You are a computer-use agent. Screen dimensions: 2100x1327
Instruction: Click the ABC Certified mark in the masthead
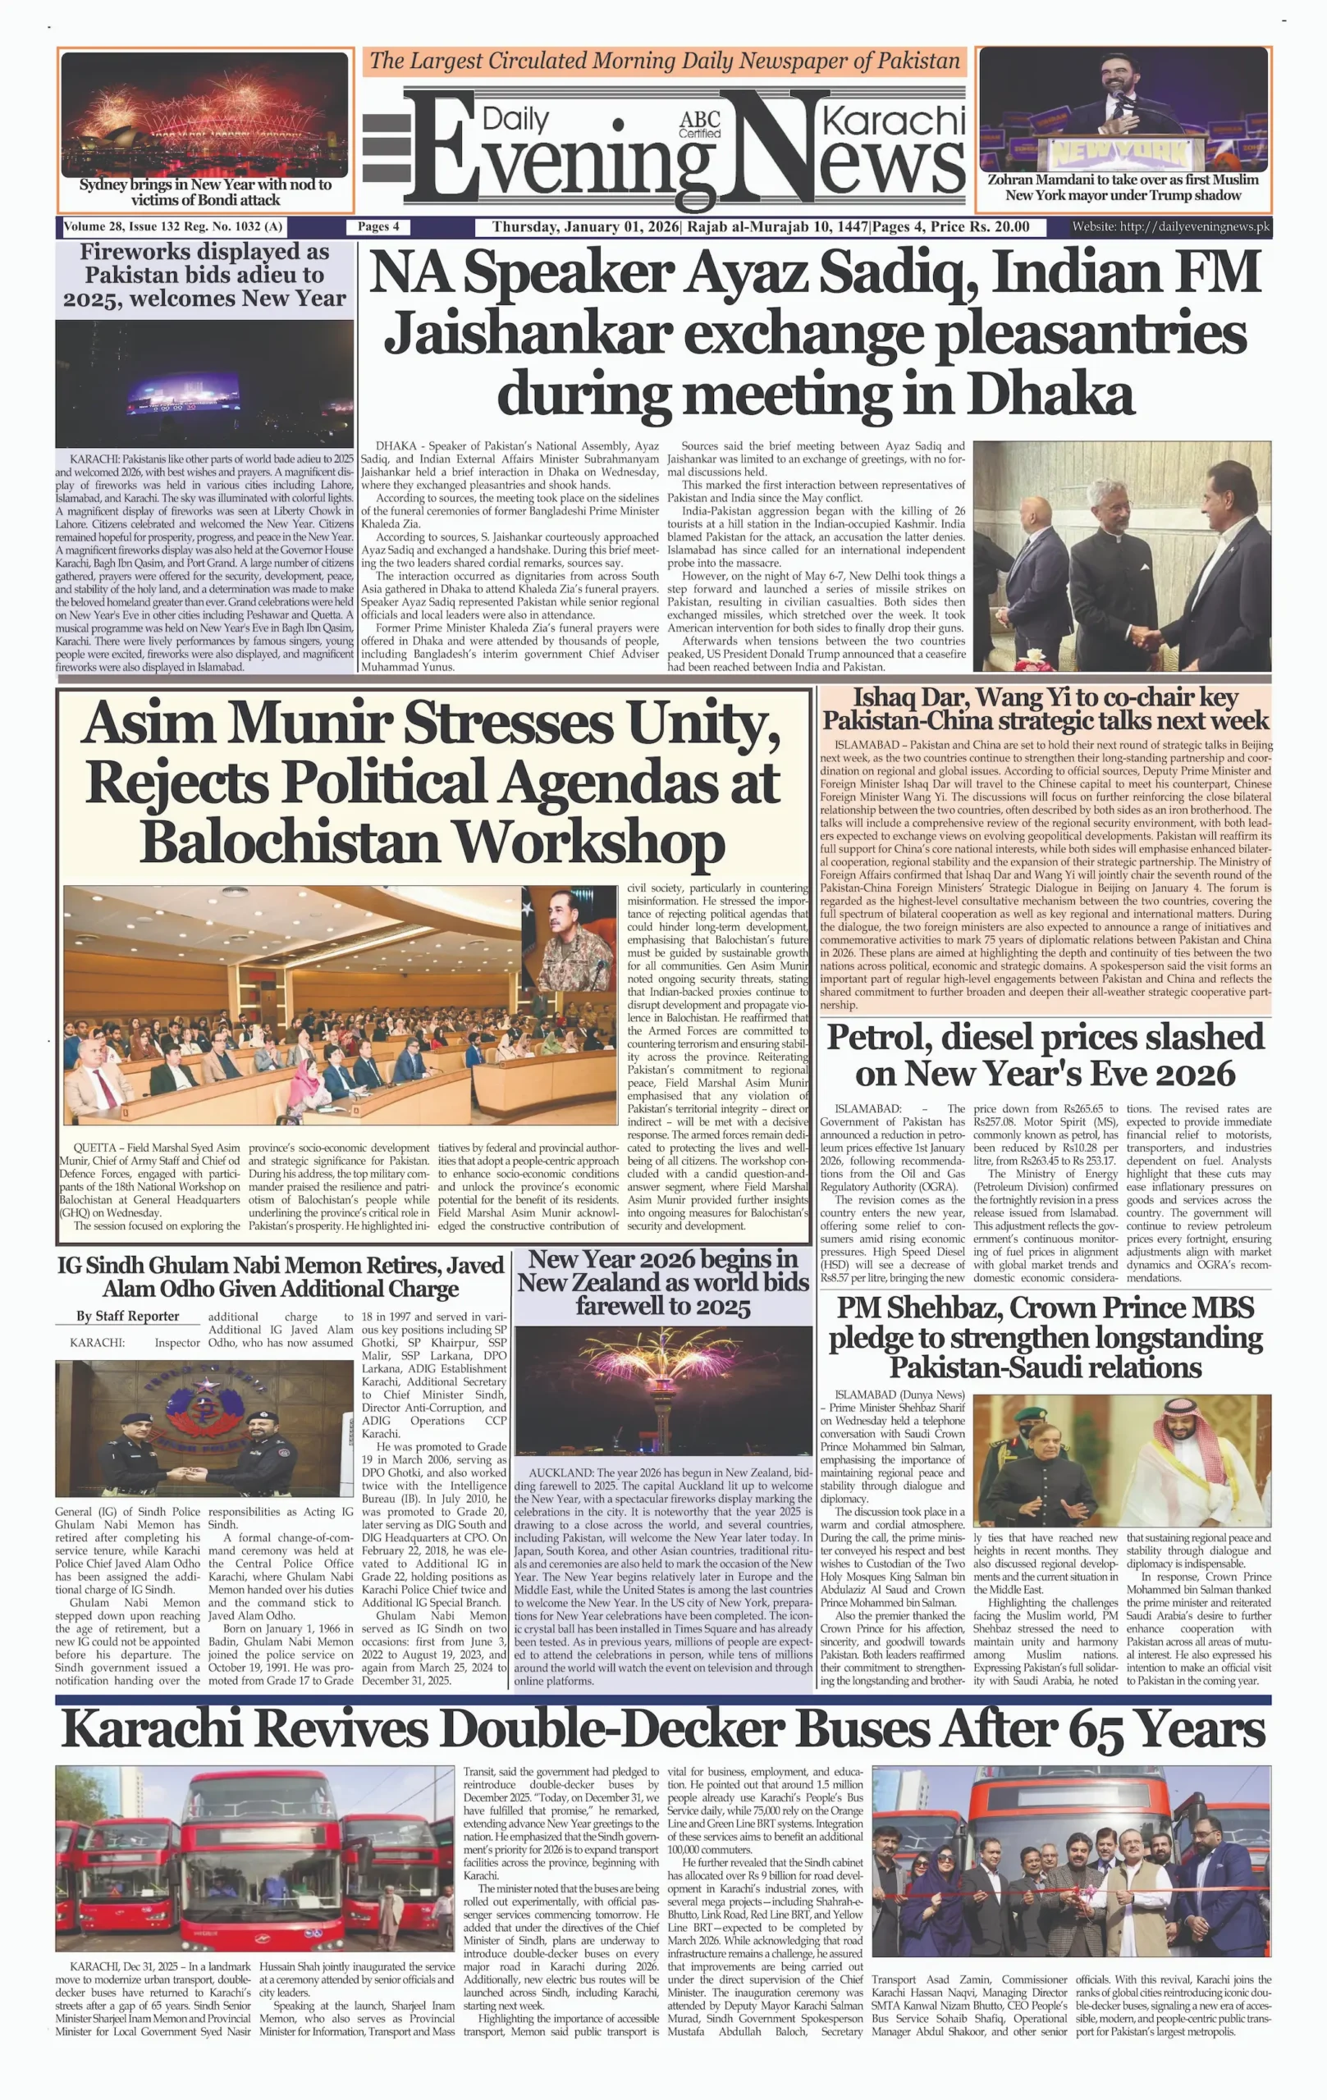700,125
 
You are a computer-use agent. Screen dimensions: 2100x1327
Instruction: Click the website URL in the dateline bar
1171,227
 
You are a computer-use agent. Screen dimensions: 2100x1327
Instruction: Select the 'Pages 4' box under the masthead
378,226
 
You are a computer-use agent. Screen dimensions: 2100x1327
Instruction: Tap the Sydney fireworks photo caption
205,192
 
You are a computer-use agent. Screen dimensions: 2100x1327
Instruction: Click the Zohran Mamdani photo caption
1123,188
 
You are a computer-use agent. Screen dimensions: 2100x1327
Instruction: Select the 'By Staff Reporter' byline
127,1316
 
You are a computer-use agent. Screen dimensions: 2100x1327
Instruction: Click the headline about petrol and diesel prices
1045,1055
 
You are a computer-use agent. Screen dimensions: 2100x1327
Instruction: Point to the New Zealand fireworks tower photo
663,1390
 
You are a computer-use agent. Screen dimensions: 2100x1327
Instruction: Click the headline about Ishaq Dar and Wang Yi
1045,709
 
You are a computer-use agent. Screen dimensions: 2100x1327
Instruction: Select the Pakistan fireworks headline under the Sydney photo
204,275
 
